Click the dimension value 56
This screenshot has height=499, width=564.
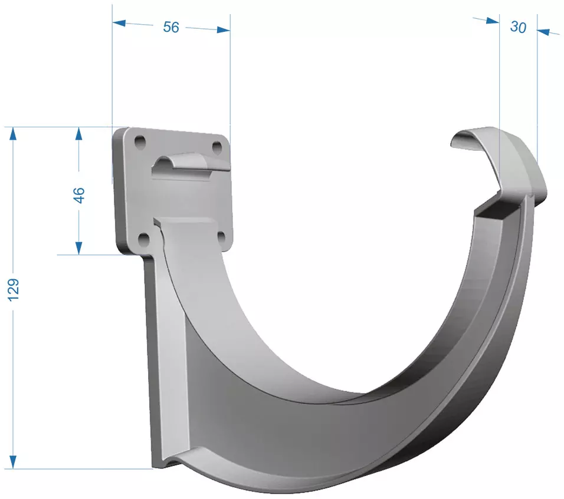click(x=171, y=27)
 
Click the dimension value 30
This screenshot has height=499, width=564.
click(x=518, y=27)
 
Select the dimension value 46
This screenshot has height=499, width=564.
click(x=79, y=195)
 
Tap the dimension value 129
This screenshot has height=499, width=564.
click(x=14, y=289)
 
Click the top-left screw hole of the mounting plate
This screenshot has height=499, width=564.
click(x=140, y=142)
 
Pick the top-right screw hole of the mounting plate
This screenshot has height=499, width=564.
click(x=217, y=147)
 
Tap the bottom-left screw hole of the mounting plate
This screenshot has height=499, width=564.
click(x=144, y=239)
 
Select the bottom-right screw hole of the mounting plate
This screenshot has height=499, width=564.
click(x=222, y=237)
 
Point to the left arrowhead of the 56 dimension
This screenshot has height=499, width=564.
click(x=119, y=23)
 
